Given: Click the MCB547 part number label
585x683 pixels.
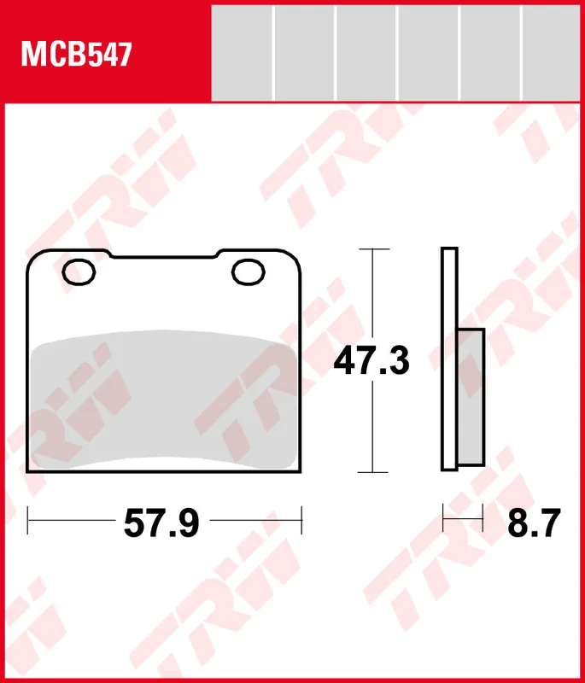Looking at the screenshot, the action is coord(76,55).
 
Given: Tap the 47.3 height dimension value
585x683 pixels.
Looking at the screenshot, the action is coord(371,360).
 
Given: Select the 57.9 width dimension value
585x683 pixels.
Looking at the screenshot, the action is coord(161,523).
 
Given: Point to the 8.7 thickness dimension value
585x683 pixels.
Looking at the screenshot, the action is coord(534,523).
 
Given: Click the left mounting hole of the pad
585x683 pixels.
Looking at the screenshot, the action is coord(79,272).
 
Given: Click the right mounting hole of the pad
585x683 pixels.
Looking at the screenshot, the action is coord(249,272).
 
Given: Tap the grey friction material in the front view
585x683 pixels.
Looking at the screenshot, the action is coord(163,399).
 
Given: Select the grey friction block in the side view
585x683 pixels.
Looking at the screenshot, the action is coord(471,397).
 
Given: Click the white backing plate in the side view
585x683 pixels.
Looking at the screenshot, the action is coord(449,359).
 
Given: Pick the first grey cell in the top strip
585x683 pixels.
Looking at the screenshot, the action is coord(242,53).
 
